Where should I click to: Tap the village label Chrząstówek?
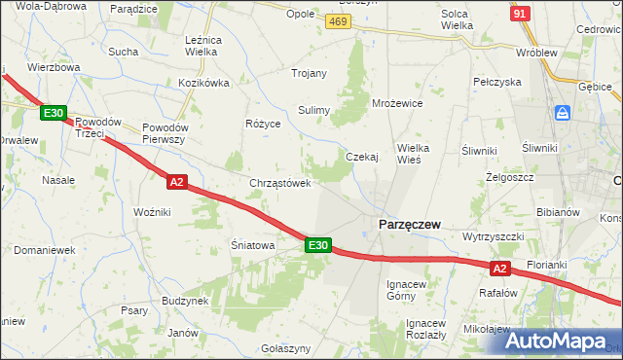[x=280, y=183]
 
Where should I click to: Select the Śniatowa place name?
[x=252, y=246]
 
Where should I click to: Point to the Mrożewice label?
[x=396, y=102]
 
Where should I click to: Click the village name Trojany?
[x=309, y=73]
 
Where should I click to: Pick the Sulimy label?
[x=314, y=110]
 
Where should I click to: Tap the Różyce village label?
[x=263, y=125]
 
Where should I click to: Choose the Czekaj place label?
[x=361, y=157]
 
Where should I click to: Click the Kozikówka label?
[x=203, y=84]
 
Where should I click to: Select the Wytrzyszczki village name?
[x=494, y=237]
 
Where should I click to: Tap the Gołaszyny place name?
[x=286, y=348]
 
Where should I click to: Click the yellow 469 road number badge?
[x=338, y=22]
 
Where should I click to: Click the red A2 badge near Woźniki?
[x=175, y=181]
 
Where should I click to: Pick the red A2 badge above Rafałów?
[x=499, y=268]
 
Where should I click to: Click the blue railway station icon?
[x=564, y=114]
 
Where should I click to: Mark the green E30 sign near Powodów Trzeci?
[x=54, y=114]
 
